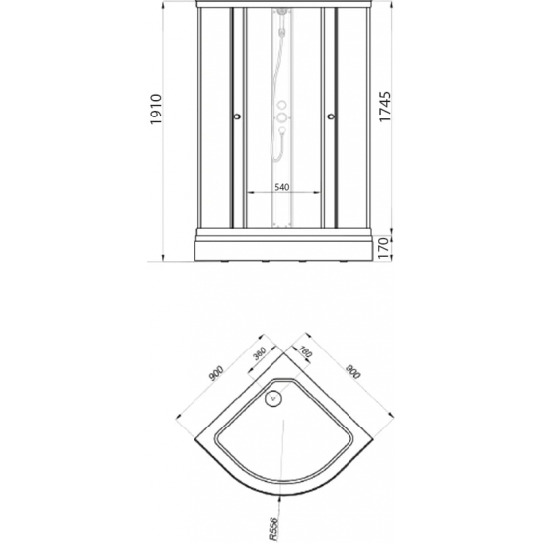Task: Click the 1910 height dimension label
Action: click(x=156, y=110)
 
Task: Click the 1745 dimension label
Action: click(x=385, y=107)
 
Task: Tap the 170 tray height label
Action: click(x=384, y=248)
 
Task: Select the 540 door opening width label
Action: click(x=282, y=187)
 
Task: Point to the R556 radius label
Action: click(x=273, y=529)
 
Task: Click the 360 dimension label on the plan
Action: click(x=259, y=353)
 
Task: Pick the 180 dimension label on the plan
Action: click(x=305, y=351)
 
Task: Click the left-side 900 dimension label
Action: click(x=217, y=373)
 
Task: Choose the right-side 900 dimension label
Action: click(x=353, y=371)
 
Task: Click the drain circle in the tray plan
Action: click(x=273, y=398)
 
